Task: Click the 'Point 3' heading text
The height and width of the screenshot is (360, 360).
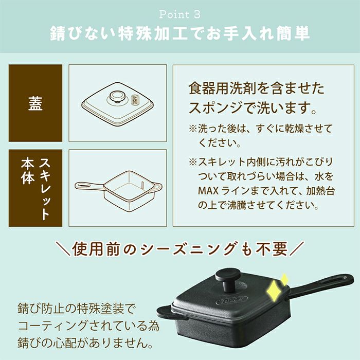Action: [x=180, y=15]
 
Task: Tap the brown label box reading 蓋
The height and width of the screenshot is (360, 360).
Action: [x=35, y=103]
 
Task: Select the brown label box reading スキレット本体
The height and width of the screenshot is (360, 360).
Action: [x=35, y=188]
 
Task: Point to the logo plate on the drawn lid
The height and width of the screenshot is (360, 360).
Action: [x=135, y=100]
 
